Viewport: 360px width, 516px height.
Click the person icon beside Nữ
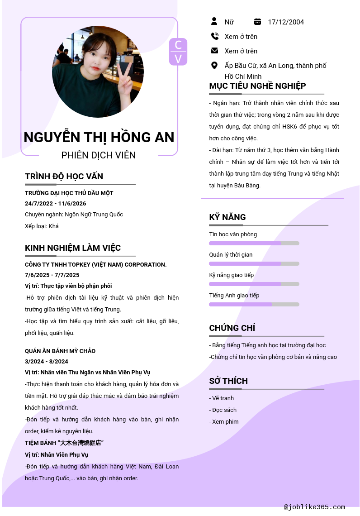214,21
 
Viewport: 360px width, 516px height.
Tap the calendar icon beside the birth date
257,21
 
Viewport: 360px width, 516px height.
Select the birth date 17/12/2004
286,22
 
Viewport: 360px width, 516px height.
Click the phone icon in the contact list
214,36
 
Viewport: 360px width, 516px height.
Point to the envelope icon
214,51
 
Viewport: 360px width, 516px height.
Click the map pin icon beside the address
214,65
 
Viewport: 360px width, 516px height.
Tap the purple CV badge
178,52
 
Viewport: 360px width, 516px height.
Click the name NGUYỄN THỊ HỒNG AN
99,137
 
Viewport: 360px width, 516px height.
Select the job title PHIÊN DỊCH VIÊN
99,155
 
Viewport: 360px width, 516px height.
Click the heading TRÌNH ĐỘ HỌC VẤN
64,176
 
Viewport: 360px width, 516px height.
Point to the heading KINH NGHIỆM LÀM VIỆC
73,248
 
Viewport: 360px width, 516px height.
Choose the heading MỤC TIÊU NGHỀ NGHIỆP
257,86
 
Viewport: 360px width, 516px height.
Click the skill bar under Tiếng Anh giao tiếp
254,305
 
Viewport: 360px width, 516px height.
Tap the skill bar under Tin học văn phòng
254,244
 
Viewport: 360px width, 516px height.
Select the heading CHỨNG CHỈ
232,328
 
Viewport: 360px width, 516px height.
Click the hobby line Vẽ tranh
222,398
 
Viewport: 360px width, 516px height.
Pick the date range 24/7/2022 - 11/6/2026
55,204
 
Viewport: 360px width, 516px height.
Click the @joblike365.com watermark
314,507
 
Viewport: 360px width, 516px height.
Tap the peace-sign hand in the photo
124,72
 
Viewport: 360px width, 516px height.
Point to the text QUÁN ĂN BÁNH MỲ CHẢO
60,351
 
